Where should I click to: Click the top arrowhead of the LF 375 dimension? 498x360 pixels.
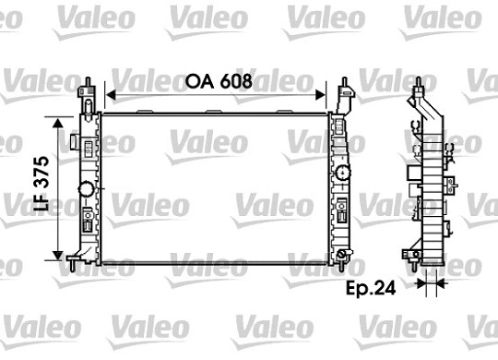[61, 119]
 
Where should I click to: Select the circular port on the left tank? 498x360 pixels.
[87, 189]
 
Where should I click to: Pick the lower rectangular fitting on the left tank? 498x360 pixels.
[87, 222]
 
